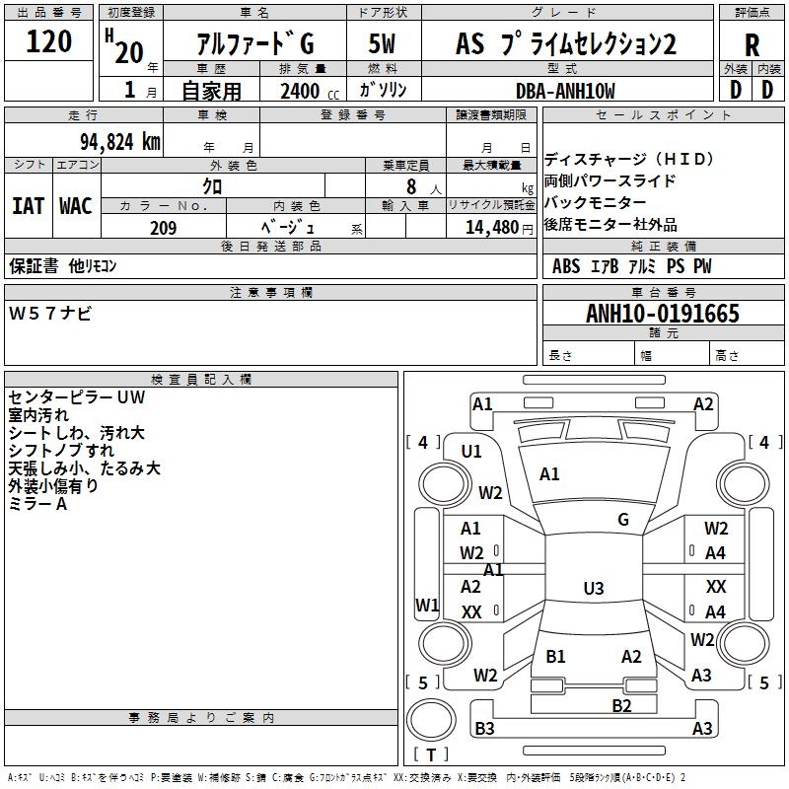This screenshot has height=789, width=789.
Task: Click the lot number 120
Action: click(49, 42)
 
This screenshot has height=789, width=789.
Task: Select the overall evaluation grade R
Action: click(752, 44)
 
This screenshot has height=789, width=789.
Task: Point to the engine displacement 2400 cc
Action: click(300, 91)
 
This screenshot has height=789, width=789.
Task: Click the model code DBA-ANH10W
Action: click(565, 91)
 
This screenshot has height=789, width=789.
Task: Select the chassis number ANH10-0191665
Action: click(662, 314)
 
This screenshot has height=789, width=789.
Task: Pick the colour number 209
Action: click(163, 228)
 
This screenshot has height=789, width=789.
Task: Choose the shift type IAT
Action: click(28, 205)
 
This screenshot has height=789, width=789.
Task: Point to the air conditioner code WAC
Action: click(76, 205)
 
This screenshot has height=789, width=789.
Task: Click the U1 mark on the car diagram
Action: click(471, 452)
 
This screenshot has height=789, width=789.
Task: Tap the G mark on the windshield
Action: click(623, 520)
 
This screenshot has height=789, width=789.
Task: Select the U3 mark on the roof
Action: click(593, 589)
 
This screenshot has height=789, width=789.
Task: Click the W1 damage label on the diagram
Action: click(426, 605)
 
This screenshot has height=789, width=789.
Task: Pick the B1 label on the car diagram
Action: click(555, 657)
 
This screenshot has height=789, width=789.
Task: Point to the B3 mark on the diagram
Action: click(484, 729)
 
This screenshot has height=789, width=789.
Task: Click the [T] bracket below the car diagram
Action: click(431, 754)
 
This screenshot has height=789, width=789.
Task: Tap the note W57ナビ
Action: click(50, 314)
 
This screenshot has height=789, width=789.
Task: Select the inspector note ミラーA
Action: click(37, 503)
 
